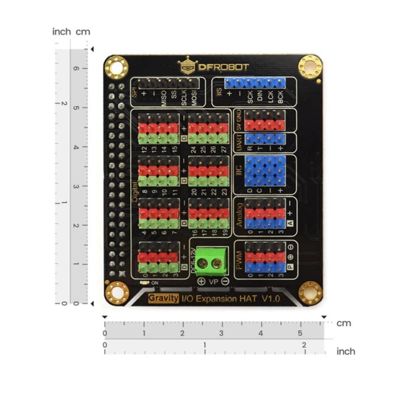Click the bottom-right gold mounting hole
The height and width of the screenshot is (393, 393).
(309, 293)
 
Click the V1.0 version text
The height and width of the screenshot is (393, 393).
(270, 299)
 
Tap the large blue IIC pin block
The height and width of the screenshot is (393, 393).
(265, 171)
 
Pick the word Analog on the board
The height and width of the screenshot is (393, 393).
(239, 216)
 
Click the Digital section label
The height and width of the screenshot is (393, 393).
(135, 191)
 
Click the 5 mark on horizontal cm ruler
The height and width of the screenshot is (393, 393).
(300, 332)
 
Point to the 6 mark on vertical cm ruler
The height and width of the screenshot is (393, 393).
(77, 69)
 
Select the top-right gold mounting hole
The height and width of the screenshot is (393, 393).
(309, 67)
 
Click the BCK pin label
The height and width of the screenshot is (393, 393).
(281, 98)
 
